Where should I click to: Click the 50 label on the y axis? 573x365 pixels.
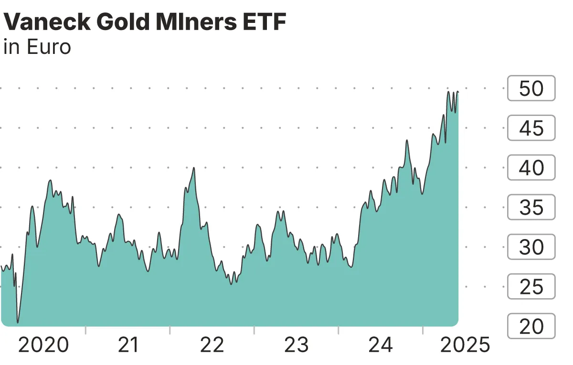click(x=531, y=89)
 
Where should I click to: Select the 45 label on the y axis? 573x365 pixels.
click(x=531, y=128)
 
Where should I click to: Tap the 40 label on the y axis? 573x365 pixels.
click(x=531, y=168)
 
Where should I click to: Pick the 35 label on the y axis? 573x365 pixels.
click(x=531, y=208)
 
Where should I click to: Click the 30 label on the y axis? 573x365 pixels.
click(x=531, y=247)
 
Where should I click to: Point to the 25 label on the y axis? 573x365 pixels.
click(x=531, y=287)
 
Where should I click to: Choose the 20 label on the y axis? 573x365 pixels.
click(x=531, y=326)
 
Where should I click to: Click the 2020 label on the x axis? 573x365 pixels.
click(x=43, y=345)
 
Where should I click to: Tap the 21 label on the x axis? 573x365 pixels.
click(x=127, y=345)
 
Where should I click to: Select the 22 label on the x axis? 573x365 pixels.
click(x=212, y=345)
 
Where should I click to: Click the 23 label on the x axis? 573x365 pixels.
click(x=297, y=345)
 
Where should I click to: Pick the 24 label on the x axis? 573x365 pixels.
click(x=381, y=345)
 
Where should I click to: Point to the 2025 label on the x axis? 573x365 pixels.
click(x=465, y=345)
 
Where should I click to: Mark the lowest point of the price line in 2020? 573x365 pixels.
click(x=18, y=323)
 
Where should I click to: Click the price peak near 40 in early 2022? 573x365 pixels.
click(x=194, y=168)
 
